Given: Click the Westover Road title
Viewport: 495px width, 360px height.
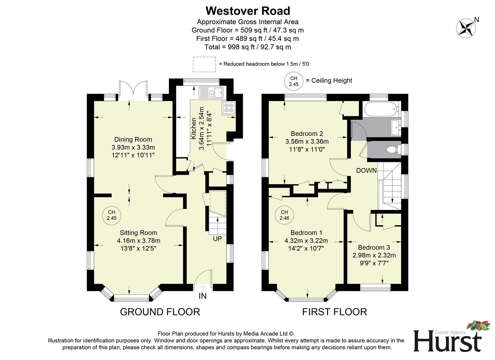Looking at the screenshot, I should [247, 11].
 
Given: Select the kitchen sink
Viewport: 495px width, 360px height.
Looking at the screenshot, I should [211, 92].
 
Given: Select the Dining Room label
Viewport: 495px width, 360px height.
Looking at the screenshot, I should [133, 139].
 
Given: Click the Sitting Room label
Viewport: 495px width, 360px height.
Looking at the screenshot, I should [138, 233].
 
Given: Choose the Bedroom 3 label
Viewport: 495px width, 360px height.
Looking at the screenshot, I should [374, 247].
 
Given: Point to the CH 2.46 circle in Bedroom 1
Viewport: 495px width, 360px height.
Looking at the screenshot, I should [284, 215].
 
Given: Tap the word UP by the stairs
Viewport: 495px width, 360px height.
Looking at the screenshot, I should [217, 239].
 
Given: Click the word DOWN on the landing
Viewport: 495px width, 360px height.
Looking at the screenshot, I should [366, 171].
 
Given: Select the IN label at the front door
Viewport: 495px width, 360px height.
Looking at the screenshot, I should [203, 296].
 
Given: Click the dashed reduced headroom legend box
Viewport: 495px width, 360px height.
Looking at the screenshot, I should [204, 64].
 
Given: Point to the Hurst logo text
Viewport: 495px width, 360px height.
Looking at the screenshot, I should [447, 341].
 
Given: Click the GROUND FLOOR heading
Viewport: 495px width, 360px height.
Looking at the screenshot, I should [160, 312].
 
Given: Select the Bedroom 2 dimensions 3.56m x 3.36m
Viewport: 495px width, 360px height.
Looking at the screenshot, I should [307, 142].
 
